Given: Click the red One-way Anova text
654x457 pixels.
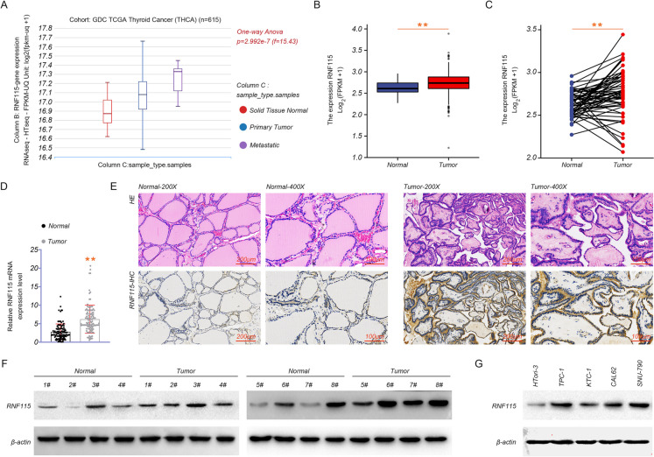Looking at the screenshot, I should [267, 32].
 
